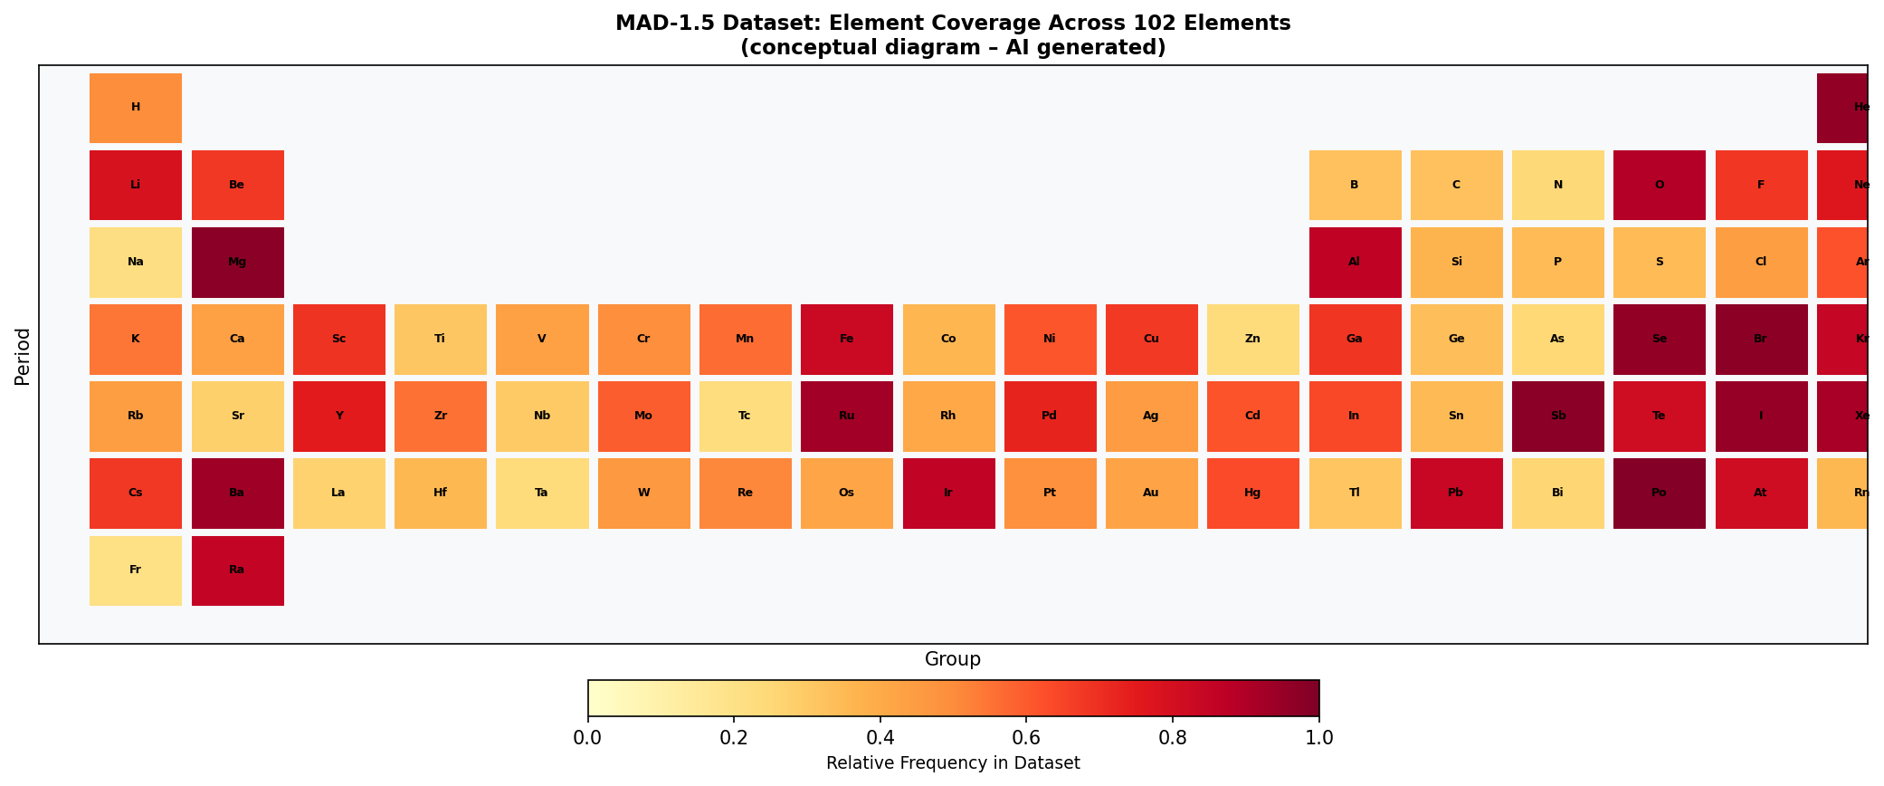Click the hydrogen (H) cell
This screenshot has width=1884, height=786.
(136, 108)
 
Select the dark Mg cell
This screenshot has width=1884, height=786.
(237, 262)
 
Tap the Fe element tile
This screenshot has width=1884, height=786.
(847, 340)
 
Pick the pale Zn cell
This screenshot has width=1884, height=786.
(1252, 340)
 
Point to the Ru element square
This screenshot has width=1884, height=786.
(847, 417)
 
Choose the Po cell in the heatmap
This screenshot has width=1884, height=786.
(1659, 494)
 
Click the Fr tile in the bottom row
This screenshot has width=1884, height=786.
(136, 570)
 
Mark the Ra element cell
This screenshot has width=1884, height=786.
(237, 570)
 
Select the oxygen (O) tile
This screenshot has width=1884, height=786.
(1659, 185)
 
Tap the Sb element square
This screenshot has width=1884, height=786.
(1557, 417)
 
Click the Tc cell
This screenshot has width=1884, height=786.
(745, 417)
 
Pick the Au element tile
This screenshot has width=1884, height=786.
(1151, 494)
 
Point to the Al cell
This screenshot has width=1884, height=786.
(1355, 262)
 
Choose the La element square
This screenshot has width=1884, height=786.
(338, 494)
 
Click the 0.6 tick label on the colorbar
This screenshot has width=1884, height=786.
(1026, 737)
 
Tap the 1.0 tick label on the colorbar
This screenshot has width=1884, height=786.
(1318, 737)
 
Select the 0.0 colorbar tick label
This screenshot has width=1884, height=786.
(588, 737)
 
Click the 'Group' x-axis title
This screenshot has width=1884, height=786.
(952, 659)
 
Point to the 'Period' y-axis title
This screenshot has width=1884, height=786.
(23, 357)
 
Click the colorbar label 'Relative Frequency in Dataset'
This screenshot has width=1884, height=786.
(953, 763)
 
